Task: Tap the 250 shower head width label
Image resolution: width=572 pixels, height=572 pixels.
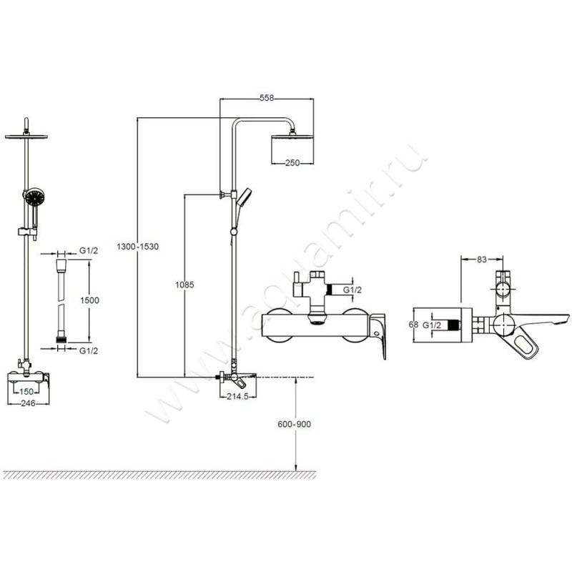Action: click(x=292, y=163)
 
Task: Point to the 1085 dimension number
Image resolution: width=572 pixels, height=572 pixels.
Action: click(x=184, y=284)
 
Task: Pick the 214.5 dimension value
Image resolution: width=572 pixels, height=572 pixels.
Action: click(x=236, y=396)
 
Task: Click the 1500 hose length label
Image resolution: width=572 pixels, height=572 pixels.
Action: click(x=89, y=301)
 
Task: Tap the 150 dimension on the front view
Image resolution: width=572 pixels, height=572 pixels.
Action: click(x=27, y=392)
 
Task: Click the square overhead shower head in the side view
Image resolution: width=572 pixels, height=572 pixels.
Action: click(x=291, y=146)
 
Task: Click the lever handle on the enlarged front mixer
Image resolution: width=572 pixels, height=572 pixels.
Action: click(x=378, y=335)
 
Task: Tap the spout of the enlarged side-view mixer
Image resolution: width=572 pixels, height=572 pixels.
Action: click(x=543, y=319)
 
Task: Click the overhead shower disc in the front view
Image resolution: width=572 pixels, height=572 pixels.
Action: click(x=27, y=136)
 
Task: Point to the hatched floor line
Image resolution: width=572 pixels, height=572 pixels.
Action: click(x=157, y=475)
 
